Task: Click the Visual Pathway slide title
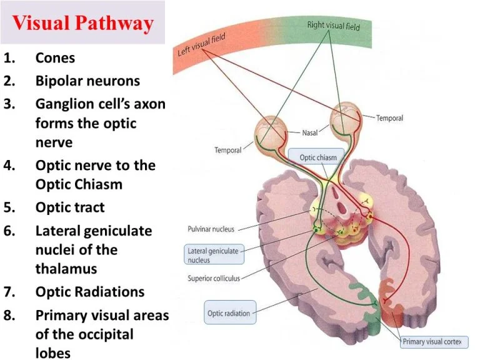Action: [x=82, y=24]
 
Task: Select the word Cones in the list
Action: [x=55, y=58]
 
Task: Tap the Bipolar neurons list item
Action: [x=87, y=81]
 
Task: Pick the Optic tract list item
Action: [x=70, y=207]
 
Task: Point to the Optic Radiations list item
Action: [x=90, y=292]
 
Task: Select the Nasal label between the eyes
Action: [x=311, y=133]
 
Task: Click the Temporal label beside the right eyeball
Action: [x=389, y=117]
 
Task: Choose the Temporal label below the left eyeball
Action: [x=227, y=150]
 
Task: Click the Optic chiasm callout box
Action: [x=317, y=157]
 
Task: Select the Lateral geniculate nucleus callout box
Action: [x=213, y=255]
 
